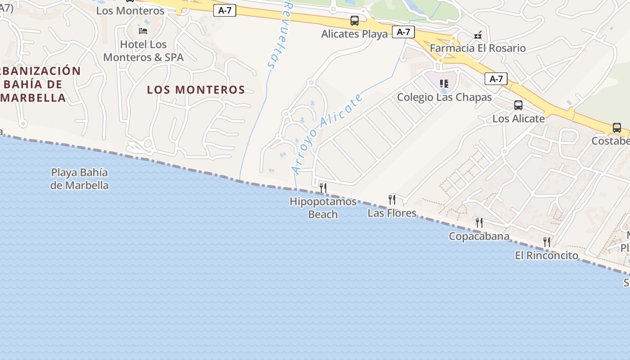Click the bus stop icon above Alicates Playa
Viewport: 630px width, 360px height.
coord(355,21)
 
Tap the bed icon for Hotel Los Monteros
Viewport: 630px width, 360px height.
coord(143,31)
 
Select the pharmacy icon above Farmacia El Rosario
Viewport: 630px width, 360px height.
coord(477,35)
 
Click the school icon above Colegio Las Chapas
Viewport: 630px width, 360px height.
coord(444,84)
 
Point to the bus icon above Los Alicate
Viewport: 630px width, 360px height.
coord(518,105)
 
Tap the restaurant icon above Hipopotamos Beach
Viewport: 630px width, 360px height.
coord(323,188)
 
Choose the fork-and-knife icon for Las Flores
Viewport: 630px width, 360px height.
coord(392,199)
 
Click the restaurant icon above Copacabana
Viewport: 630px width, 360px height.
coord(479,222)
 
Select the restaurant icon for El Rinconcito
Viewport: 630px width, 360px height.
coord(547,242)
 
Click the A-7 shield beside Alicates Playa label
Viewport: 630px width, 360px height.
coord(403,32)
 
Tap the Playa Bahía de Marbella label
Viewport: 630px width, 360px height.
coord(80,179)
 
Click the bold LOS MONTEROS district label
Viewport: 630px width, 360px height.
coord(196,90)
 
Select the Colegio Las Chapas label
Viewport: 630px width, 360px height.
coord(444,97)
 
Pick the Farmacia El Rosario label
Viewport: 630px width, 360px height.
coord(477,48)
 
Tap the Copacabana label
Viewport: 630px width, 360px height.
coord(479,236)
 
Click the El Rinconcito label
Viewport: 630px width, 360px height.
coord(547,256)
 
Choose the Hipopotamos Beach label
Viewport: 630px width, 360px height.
coord(323,208)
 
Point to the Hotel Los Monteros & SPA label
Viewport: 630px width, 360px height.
coord(144,51)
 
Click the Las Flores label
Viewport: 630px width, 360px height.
coord(392,213)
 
